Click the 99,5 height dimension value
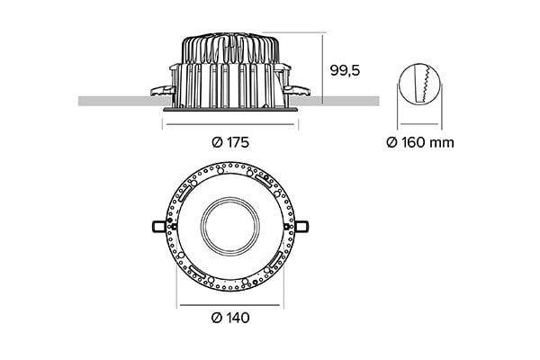coord(344,70)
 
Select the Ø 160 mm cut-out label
coord(419,142)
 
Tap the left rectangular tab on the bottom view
coord(159,225)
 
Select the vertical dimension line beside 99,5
coord(322,63)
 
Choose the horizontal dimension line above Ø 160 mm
coord(420,125)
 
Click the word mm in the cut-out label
coord(443,142)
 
